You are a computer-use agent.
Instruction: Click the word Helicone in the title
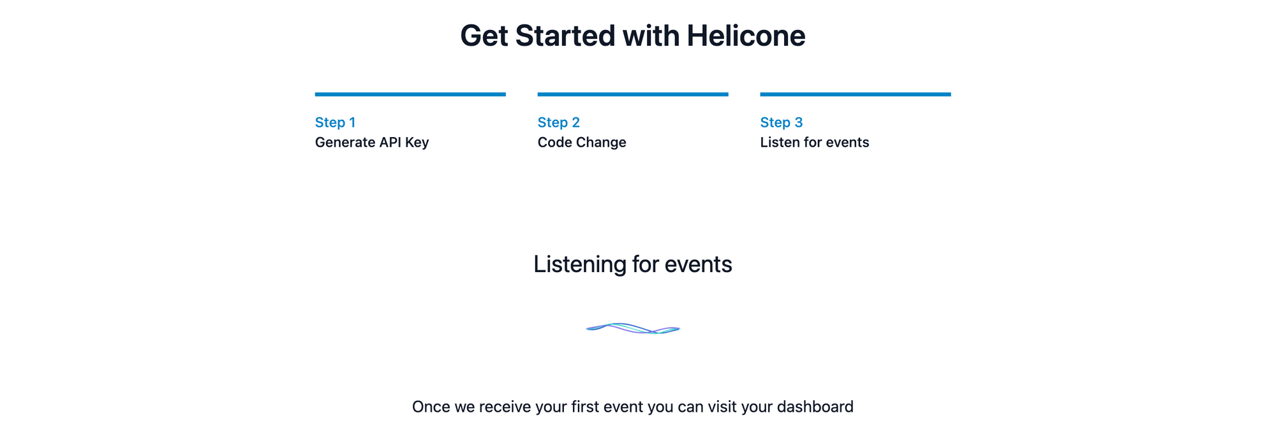click(745, 36)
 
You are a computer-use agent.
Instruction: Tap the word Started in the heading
click(565, 36)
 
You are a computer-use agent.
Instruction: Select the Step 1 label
click(335, 122)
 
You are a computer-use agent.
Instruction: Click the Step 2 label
click(558, 122)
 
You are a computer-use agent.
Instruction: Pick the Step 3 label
click(781, 122)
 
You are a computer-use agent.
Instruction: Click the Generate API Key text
click(371, 142)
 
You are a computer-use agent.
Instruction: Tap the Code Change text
click(581, 142)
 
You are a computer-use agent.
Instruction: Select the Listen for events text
click(814, 142)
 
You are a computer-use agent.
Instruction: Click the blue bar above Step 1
click(410, 94)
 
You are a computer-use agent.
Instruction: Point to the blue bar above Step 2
click(632, 94)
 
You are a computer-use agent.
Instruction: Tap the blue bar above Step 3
click(855, 94)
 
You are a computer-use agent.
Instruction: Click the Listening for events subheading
click(632, 264)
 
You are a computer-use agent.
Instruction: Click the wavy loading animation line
click(632, 329)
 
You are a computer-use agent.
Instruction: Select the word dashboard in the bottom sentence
click(815, 407)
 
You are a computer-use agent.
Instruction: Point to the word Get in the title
click(484, 36)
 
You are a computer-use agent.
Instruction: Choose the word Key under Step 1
click(417, 142)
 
